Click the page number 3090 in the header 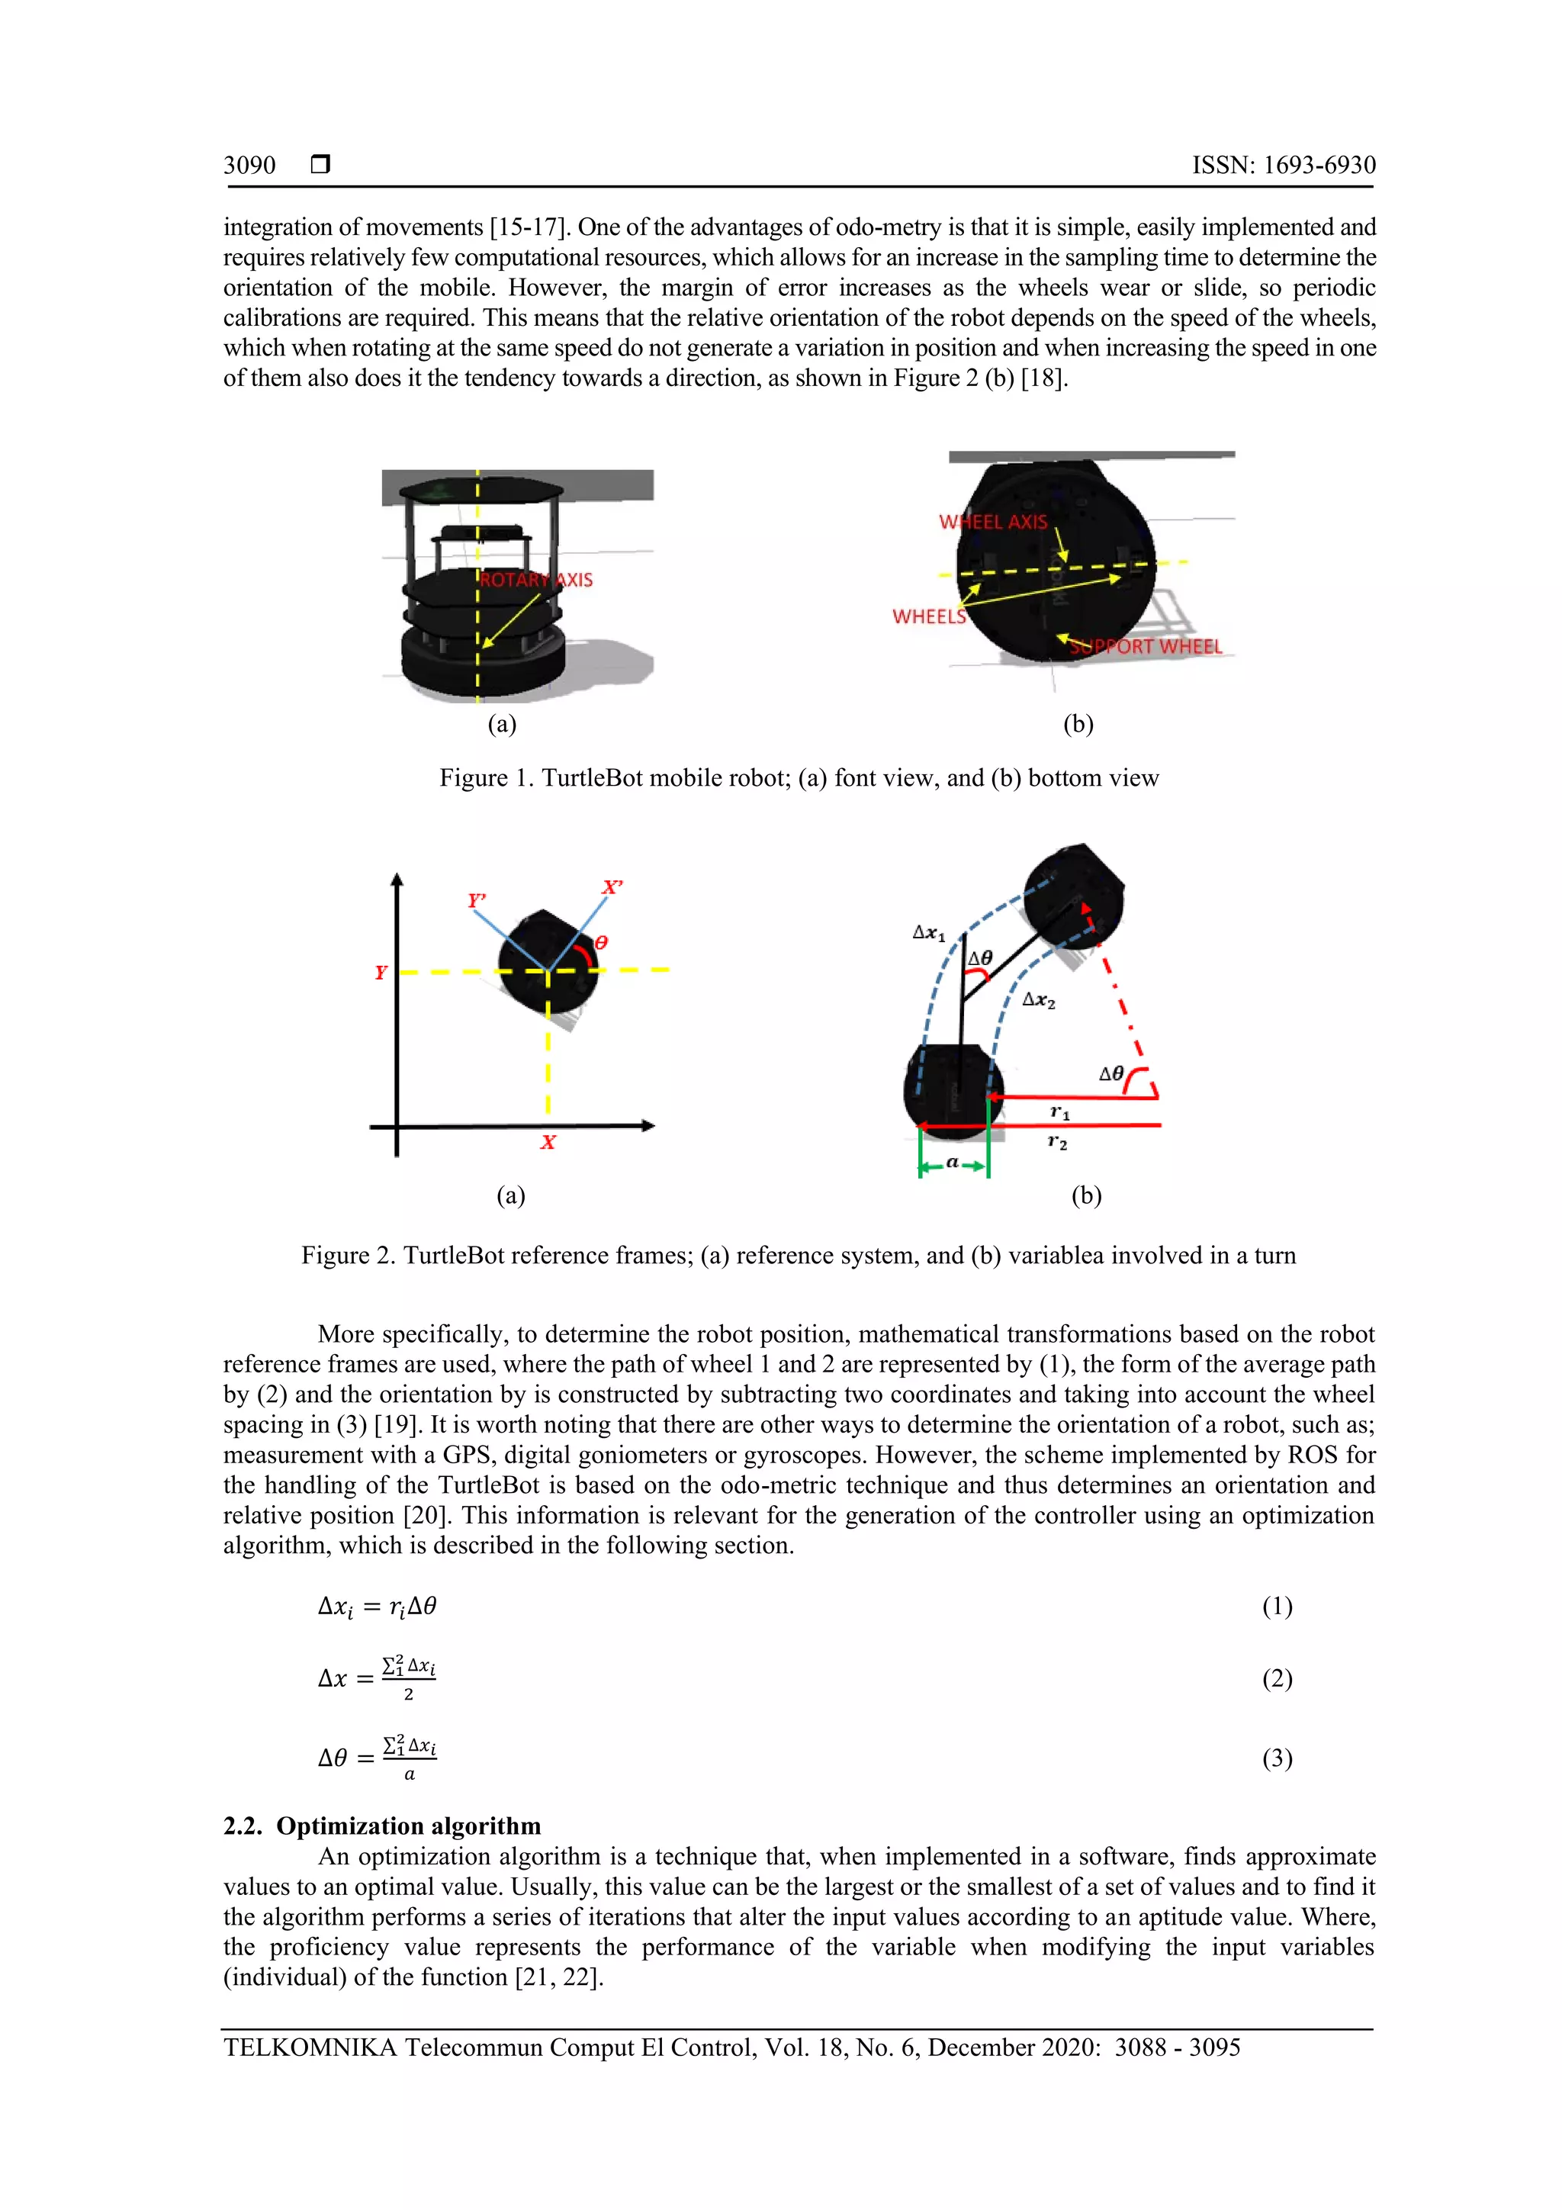click(249, 166)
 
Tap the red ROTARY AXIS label click(536, 580)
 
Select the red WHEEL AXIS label click(992, 522)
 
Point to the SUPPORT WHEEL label click(1146, 647)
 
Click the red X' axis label click(612, 886)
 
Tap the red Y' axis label click(475, 900)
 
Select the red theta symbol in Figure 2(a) click(602, 942)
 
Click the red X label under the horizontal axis click(548, 1143)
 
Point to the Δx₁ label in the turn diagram click(929, 933)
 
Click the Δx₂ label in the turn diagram click(1039, 1000)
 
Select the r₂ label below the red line click(1057, 1143)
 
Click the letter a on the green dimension click(952, 1163)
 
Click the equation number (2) click(1277, 1680)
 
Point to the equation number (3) click(1277, 1759)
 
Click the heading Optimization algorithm click(408, 1826)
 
